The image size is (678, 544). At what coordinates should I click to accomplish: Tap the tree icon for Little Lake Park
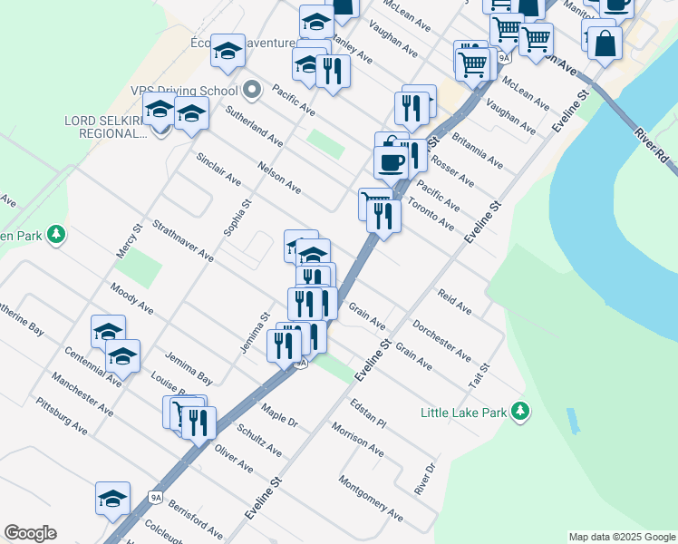[519, 413]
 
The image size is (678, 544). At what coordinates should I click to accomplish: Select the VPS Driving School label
[184, 91]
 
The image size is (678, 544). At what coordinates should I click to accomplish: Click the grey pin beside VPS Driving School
[252, 90]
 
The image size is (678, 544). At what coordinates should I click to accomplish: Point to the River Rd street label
[652, 144]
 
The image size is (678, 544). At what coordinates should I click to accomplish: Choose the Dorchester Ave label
[441, 339]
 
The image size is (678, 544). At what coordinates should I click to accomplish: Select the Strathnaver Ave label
[183, 240]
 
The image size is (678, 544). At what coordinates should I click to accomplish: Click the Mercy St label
[131, 240]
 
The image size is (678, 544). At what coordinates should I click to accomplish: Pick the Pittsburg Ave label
[62, 416]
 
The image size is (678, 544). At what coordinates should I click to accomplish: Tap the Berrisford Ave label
[195, 517]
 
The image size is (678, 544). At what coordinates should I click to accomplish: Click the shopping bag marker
[605, 41]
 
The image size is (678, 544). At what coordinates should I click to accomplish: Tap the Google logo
[30, 533]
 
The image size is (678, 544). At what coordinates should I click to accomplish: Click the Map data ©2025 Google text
[621, 537]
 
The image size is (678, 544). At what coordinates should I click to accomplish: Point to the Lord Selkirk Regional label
[105, 126]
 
